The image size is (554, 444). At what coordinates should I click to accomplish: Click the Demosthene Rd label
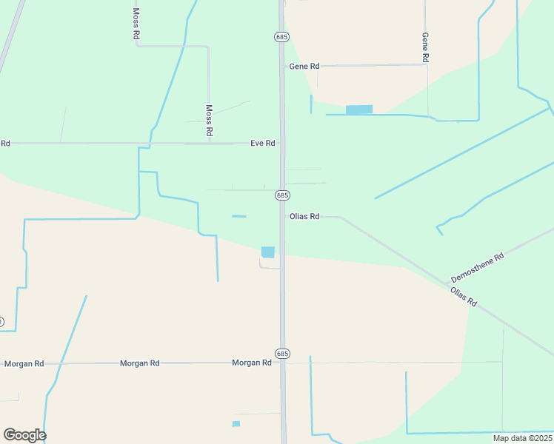pyautogui.click(x=478, y=267)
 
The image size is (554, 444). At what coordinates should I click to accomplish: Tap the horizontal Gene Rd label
pyautogui.click(x=304, y=66)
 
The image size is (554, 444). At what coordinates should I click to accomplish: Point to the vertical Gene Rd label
pyautogui.click(x=425, y=47)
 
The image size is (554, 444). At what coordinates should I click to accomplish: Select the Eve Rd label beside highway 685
pyautogui.click(x=263, y=143)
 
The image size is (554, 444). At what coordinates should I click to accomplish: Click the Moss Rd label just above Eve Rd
pyautogui.click(x=210, y=119)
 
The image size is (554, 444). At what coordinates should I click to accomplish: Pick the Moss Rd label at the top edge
pyautogui.click(x=136, y=23)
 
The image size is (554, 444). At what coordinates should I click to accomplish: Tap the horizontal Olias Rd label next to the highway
pyautogui.click(x=304, y=217)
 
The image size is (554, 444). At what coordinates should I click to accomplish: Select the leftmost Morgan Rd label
pyautogui.click(x=24, y=364)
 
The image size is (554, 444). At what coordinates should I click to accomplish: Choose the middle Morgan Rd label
pyautogui.click(x=140, y=363)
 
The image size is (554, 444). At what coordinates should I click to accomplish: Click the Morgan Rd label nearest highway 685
pyautogui.click(x=252, y=363)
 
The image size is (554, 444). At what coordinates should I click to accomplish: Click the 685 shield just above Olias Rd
pyautogui.click(x=282, y=195)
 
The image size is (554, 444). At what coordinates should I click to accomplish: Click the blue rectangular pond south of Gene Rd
pyautogui.click(x=359, y=110)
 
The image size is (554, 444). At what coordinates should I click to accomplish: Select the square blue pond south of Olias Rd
pyautogui.click(x=268, y=252)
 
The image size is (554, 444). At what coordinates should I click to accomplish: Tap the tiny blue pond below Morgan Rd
pyautogui.click(x=236, y=424)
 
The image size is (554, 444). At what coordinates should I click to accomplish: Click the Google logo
pyautogui.click(x=24, y=435)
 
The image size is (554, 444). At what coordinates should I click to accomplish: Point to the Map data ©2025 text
pyautogui.click(x=522, y=438)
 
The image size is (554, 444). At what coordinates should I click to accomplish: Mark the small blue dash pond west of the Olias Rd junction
pyautogui.click(x=239, y=216)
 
